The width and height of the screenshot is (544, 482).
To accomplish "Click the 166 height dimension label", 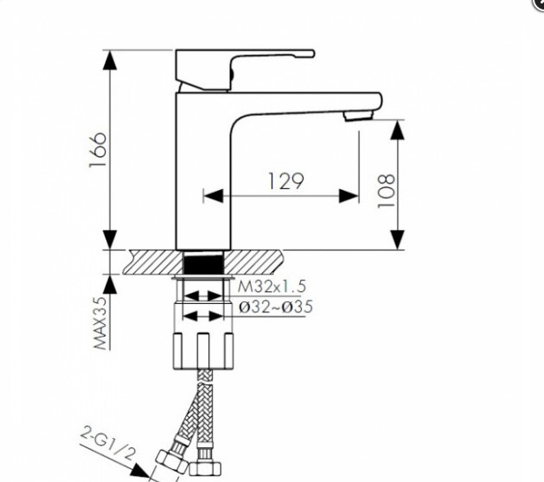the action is [x=98, y=149].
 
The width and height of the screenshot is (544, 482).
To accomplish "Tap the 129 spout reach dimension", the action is [x=286, y=181].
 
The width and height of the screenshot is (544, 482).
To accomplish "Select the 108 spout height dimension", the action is [x=386, y=191].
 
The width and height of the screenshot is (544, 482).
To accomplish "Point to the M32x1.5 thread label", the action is [x=272, y=287].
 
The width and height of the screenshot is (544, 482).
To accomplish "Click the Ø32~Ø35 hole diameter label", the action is [x=276, y=307].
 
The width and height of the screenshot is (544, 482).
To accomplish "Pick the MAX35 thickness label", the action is [x=101, y=323].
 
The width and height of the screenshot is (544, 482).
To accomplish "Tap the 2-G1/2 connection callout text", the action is [x=107, y=444].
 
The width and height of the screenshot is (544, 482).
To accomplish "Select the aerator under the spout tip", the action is [x=358, y=116].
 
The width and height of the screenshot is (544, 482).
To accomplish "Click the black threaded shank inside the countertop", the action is [x=202, y=263].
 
